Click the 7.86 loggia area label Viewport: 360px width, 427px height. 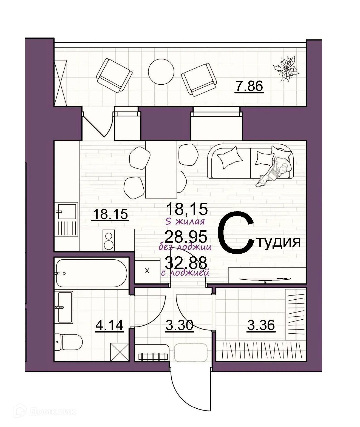[x=249, y=87]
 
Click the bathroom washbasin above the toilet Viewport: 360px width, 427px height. [x=66, y=307]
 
